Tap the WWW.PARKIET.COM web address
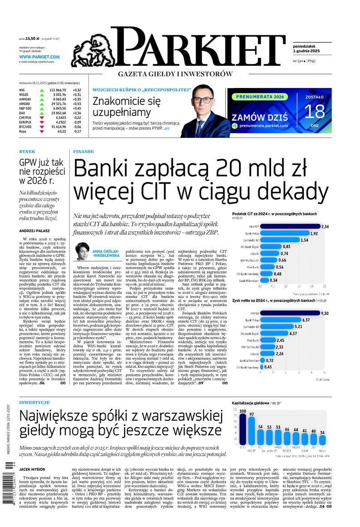tap(39, 57)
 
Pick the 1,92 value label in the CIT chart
tap(314, 233)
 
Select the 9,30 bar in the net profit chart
tap(290, 313)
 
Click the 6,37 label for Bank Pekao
tap(306, 320)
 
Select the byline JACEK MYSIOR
tap(33, 469)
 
